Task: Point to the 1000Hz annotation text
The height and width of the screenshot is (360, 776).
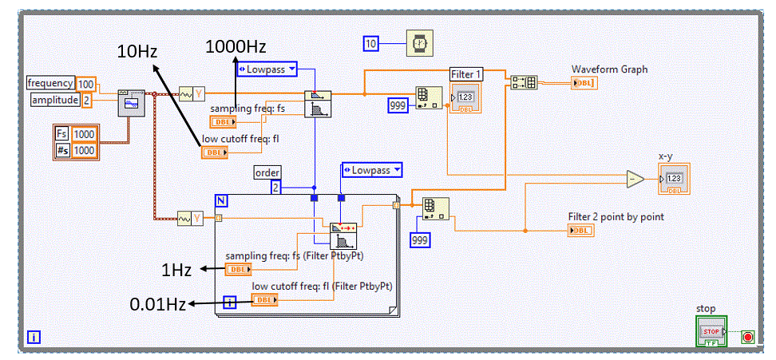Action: [x=236, y=45]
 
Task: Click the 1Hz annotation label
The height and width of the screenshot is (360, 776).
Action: [x=176, y=270]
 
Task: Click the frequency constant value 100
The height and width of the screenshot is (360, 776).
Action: [x=86, y=83]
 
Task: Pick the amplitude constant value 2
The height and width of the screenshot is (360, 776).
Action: [x=87, y=100]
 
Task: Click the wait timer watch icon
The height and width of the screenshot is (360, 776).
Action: [x=418, y=43]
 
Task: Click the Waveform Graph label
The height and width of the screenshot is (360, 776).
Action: [x=609, y=69]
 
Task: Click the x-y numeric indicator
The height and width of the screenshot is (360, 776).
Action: [x=674, y=177]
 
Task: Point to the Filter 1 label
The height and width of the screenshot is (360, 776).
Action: [x=467, y=74]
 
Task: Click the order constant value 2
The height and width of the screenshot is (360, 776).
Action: [x=275, y=188]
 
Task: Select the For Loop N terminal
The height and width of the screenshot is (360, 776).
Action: [x=224, y=201]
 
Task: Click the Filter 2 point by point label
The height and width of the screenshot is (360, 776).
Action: [x=616, y=216]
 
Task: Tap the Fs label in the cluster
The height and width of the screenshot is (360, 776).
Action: [x=63, y=133]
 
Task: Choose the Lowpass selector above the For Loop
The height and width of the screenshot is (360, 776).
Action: [x=371, y=170]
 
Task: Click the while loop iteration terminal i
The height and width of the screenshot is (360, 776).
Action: [x=33, y=337]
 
